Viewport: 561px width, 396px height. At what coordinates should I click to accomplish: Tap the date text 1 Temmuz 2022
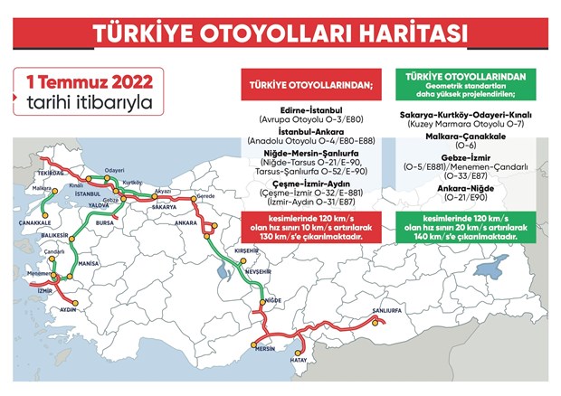click(x=74, y=79)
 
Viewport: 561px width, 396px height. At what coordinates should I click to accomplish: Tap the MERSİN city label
click(x=265, y=347)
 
